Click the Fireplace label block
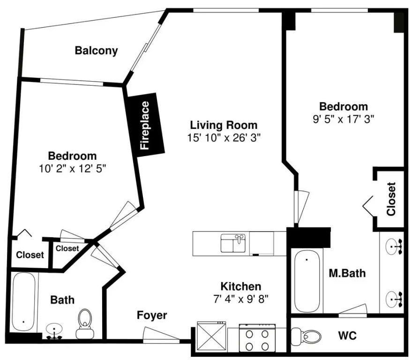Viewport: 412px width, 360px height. click(x=145, y=125)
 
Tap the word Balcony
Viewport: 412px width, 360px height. click(x=96, y=51)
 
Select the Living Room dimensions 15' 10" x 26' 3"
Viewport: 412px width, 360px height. click(x=224, y=137)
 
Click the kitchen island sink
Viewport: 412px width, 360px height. click(x=233, y=243)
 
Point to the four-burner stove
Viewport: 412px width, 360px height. click(x=257, y=338)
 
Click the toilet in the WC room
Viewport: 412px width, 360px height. click(x=307, y=336)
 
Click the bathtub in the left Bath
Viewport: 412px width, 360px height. click(x=23, y=302)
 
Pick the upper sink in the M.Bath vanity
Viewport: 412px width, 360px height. click(x=394, y=247)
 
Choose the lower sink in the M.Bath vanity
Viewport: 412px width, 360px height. click(x=394, y=299)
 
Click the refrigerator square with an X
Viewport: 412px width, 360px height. click(x=211, y=337)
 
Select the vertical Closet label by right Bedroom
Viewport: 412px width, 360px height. click(x=391, y=199)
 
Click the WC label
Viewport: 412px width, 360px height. click(x=347, y=336)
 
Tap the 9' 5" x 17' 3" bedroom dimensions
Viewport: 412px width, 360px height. click(x=343, y=120)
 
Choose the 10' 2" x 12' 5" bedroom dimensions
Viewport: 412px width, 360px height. click(x=72, y=168)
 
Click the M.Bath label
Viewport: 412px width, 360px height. click(x=347, y=273)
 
